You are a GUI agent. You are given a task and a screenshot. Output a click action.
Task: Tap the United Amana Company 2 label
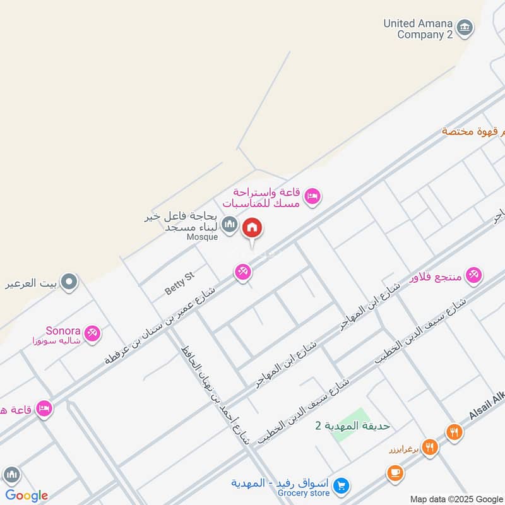tap(419, 29)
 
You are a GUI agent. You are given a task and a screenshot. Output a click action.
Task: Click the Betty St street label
tap(180, 282)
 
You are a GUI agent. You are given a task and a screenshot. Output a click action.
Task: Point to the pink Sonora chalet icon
tap(93, 333)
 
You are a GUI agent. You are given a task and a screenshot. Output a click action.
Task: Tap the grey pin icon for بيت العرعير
tap(69, 282)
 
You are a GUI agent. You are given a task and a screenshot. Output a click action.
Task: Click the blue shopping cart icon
tap(341, 485)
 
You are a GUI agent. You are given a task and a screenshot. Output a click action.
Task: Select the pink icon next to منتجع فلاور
tap(474, 275)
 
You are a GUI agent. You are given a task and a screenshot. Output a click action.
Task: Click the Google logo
tap(27, 496)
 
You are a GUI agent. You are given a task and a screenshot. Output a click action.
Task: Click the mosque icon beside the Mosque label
tap(230, 225)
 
